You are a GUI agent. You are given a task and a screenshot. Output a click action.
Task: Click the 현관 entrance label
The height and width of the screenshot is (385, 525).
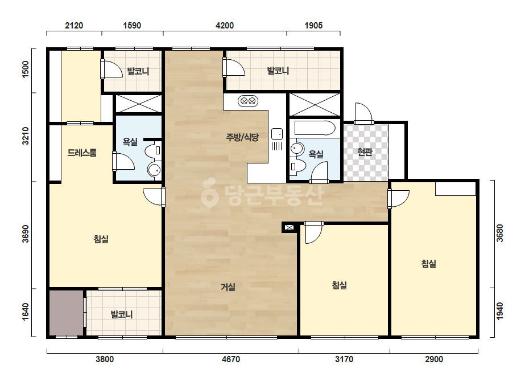click(x=365, y=152)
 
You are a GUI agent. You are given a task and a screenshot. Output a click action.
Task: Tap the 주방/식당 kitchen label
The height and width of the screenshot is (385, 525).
click(x=242, y=137)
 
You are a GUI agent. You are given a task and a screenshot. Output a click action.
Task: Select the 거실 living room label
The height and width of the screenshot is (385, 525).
click(x=228, y=286)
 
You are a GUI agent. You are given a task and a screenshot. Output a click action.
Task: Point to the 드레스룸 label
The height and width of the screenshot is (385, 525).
click(x=82, y=153)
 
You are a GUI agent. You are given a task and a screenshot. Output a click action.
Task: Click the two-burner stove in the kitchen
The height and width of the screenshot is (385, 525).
click(x=248, y=101)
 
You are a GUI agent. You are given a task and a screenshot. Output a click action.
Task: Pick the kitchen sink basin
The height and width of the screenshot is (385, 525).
click(x=277, y=134)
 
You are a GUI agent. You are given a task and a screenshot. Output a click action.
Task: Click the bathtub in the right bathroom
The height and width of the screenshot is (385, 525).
click(x=315, y=128)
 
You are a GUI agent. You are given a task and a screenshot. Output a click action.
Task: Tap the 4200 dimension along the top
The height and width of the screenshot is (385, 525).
click(x=225, y=26)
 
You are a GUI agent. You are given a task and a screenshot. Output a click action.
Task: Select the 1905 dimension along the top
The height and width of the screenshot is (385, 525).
click(x=313, y=26)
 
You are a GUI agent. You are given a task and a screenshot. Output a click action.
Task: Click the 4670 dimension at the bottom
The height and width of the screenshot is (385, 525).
click(x=231, y=359)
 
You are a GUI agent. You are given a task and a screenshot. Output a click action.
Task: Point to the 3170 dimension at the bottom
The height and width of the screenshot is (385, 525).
click(x=344, y=359)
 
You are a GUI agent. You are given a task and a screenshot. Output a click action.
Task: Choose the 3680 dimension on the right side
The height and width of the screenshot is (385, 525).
click(x=499, y=233)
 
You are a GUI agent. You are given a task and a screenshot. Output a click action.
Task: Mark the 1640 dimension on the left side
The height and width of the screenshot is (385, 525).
click(x=26, y=312)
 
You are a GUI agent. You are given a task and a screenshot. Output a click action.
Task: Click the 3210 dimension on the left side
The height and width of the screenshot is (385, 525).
click(x=26, y=136)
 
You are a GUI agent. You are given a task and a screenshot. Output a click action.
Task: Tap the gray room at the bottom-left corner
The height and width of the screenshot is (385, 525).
click(x=67, y=313)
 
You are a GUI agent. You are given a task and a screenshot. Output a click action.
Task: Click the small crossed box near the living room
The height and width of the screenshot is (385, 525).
click(x=289, y=228)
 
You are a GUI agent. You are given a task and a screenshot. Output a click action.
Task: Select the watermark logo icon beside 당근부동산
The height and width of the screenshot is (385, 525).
click(x=209, y=192)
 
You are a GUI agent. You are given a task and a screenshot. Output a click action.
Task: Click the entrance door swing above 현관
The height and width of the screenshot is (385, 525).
click(x=364, y=113)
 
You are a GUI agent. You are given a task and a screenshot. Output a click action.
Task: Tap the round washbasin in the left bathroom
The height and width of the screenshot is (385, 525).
click(x=154, y=170)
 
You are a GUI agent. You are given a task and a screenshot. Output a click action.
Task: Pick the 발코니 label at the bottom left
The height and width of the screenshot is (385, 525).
click(x=122, y=314)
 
